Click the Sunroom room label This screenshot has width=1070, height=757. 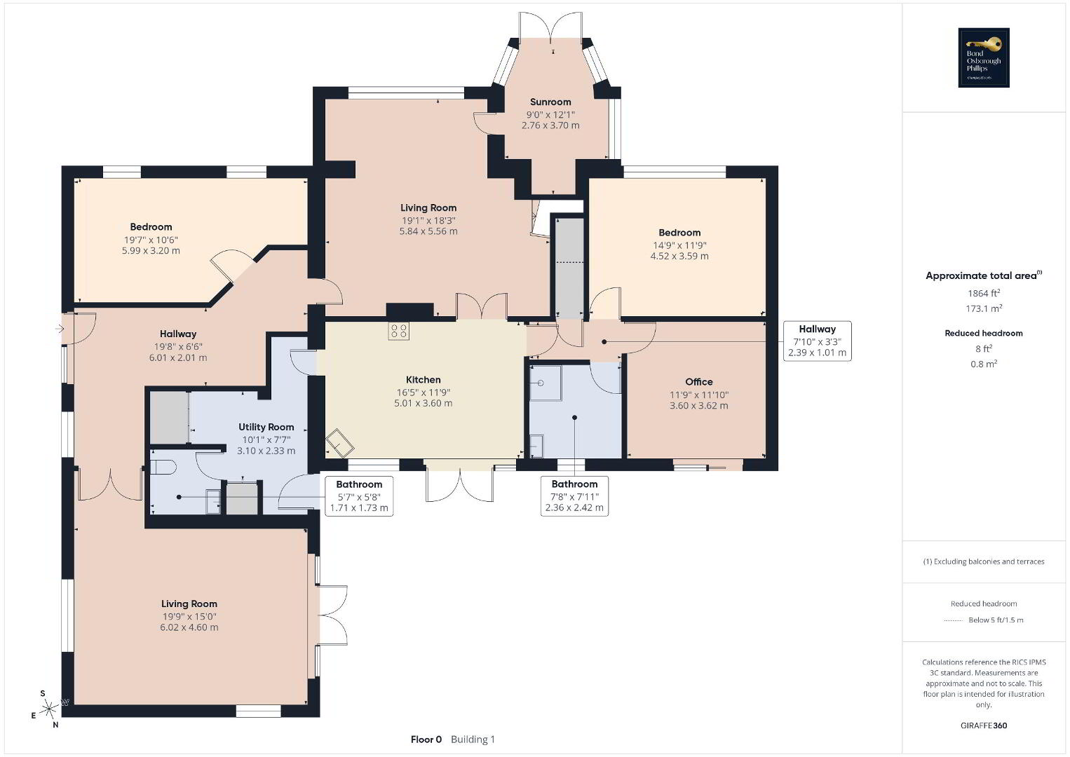(550, 102)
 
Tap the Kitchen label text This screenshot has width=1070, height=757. (424, 380)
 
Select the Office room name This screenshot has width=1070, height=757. (699, 381)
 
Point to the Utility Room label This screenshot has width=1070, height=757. (266, 427)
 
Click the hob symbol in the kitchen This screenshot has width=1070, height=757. (398, 331)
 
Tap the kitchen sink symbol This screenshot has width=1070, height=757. (339, 443)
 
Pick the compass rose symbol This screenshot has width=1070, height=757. (48, 709)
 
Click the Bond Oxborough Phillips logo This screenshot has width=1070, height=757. (984, 57)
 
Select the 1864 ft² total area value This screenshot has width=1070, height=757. (984, 293)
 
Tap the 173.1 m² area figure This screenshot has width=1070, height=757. (984, 308)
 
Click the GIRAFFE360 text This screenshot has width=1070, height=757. (984, 725)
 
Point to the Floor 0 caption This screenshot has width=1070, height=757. (426, 739)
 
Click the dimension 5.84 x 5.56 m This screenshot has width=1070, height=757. (428, 231)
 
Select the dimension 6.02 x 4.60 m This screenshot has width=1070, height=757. (189, 627)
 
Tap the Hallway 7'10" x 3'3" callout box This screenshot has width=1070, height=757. (818, 341)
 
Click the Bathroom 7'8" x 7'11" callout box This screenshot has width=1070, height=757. (574, 496)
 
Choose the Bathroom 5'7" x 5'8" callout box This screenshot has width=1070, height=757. (359, 496)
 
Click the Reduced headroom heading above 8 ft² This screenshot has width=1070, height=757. (984, 334)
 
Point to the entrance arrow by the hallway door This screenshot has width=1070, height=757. (59, 329)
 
